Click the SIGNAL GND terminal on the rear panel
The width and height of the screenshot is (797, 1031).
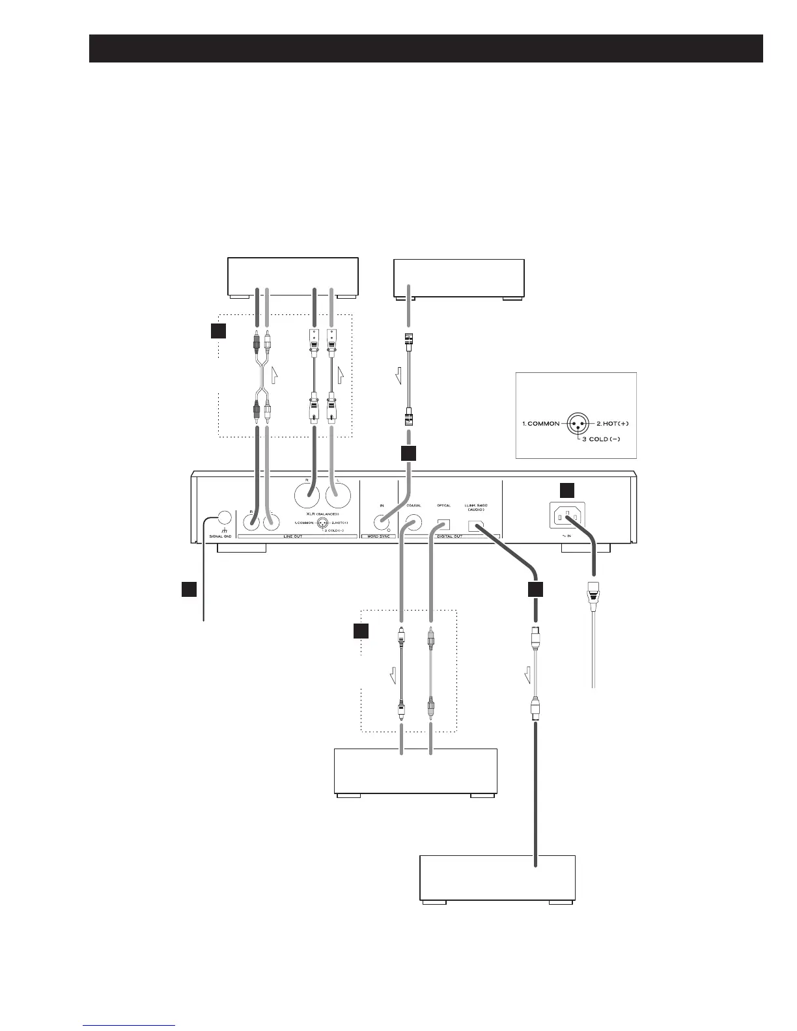(223, 519)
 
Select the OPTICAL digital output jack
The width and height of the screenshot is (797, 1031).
(444, 522)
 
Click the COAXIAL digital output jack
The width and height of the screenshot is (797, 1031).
(412, 521)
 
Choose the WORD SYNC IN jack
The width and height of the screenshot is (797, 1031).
(381, 522)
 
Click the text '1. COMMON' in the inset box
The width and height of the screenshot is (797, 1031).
(540, 424)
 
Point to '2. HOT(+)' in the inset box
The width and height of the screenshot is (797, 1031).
(613, 424)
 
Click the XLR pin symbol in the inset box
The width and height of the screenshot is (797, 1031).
(577, 423)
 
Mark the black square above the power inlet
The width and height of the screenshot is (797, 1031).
(568, 491)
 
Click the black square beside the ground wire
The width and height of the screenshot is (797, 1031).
(189, 588)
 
